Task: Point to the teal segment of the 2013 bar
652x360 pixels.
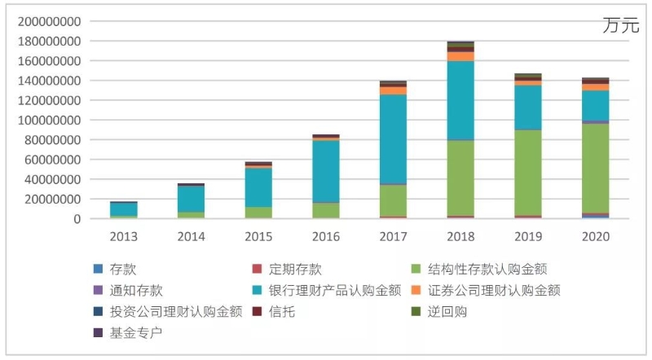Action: point(124,209)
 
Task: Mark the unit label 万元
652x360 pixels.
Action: point(621,25)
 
